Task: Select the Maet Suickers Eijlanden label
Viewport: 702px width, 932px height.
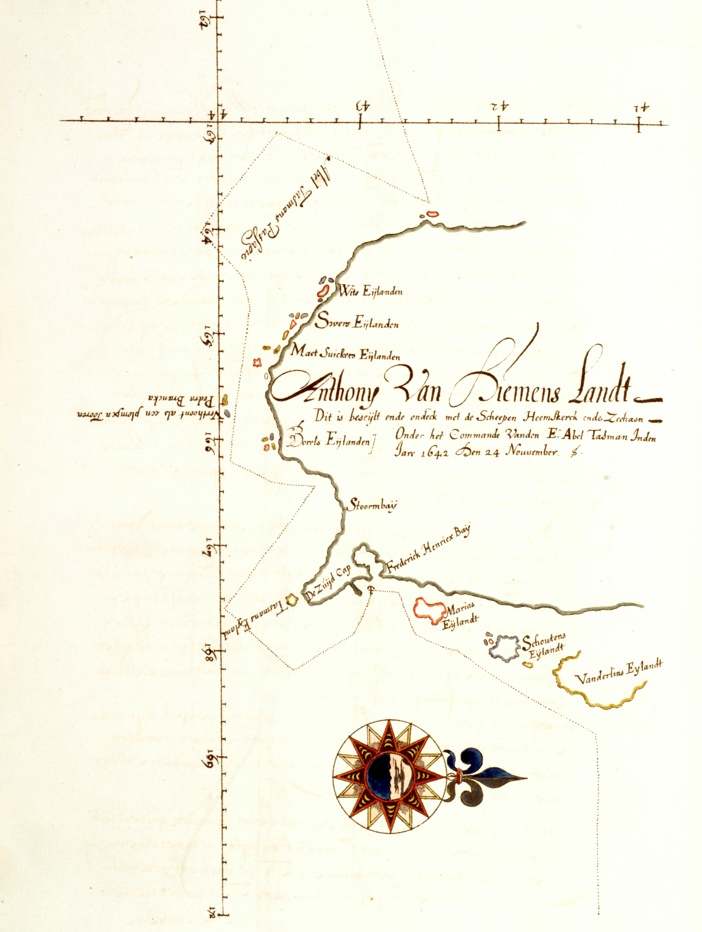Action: [x=345, y=354]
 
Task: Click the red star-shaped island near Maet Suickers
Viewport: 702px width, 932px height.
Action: [x=258, y=362]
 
